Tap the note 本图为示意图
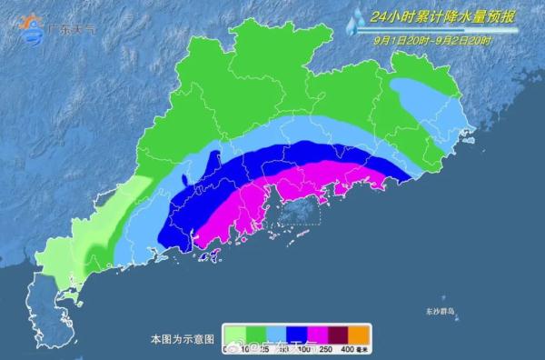point(182,337)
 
